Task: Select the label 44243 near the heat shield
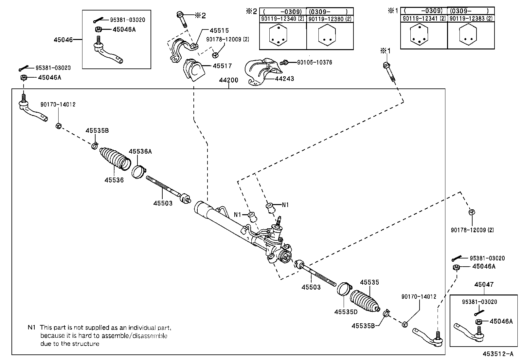tap(284, 79)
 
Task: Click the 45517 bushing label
tap(222, 66)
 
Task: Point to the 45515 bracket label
tap(219, 31)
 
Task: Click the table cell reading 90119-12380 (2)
tap(330, 19)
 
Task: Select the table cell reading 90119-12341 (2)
tap(424, 19)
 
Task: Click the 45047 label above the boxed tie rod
tap(484, 285)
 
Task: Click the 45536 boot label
tap(114, 180)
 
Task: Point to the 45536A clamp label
tap(140, 151)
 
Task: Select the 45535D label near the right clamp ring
tap(346, 312)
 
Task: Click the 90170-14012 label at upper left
tap(58, 104)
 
